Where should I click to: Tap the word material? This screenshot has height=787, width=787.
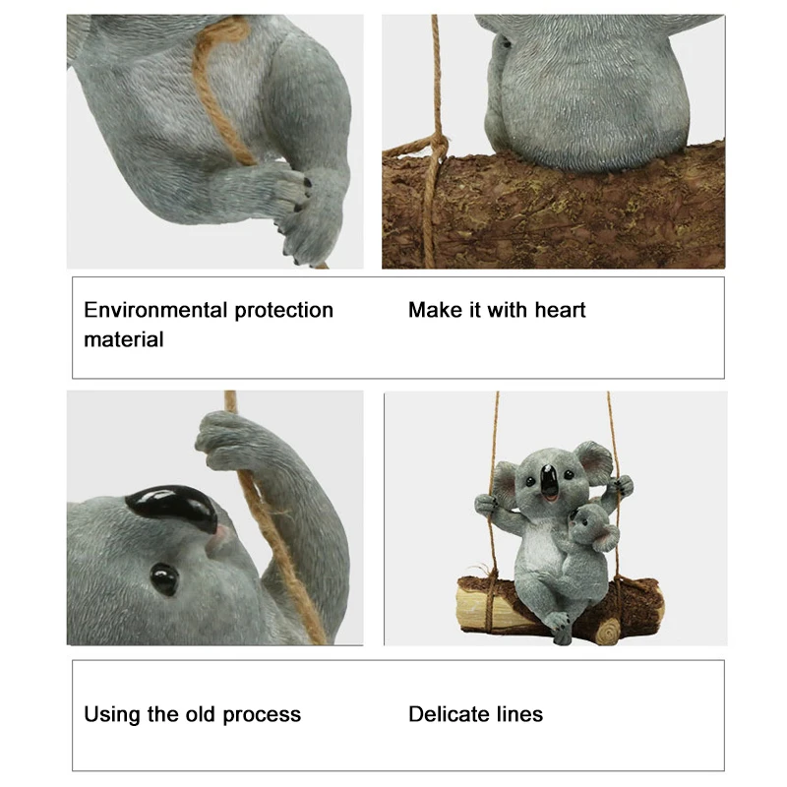(124, 340)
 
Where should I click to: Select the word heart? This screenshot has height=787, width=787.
(560, 311)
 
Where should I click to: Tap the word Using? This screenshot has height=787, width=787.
(112, 715)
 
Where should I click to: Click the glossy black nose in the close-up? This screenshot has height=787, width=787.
(173, 507)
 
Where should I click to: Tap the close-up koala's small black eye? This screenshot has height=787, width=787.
(163, 578)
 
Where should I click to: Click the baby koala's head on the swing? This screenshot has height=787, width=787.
(591, 526)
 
